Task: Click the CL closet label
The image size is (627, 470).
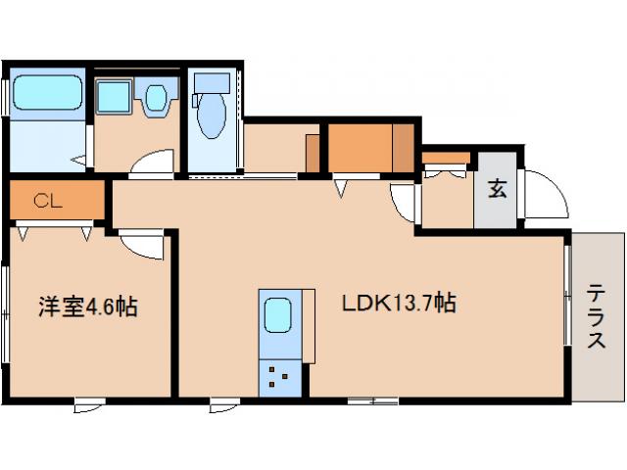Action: [48, 201]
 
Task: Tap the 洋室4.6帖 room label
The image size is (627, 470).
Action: [88, 306]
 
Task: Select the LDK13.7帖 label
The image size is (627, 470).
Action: [399, 303]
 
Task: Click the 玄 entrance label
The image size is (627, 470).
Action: [498, 189]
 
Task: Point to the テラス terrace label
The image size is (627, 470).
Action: [597, 315]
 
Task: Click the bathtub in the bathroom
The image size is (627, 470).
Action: [48, 93]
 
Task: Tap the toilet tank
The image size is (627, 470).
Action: [212, 83]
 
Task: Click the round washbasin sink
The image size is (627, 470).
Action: [155, 97]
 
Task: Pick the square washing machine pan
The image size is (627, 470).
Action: [114, 97]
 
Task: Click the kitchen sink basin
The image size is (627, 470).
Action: [278, 315]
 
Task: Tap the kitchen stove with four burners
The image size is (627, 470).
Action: [279, 378]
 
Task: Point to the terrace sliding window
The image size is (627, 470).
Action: [566, 296]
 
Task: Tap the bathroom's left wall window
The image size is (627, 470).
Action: [5, 98]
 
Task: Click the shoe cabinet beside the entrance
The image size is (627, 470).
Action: [447, 159]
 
